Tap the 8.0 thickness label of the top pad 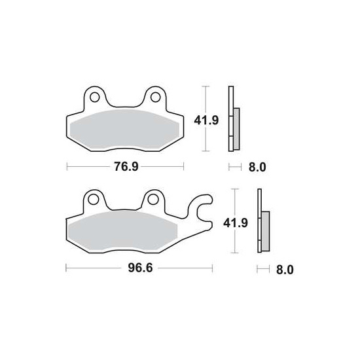click(x=257, y=167)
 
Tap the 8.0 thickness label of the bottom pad click(x=285, y=269)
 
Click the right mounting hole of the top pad click(x=156, y=99)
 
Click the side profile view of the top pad click(x=233, y=120)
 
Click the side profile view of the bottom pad click(x=262, y=223)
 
